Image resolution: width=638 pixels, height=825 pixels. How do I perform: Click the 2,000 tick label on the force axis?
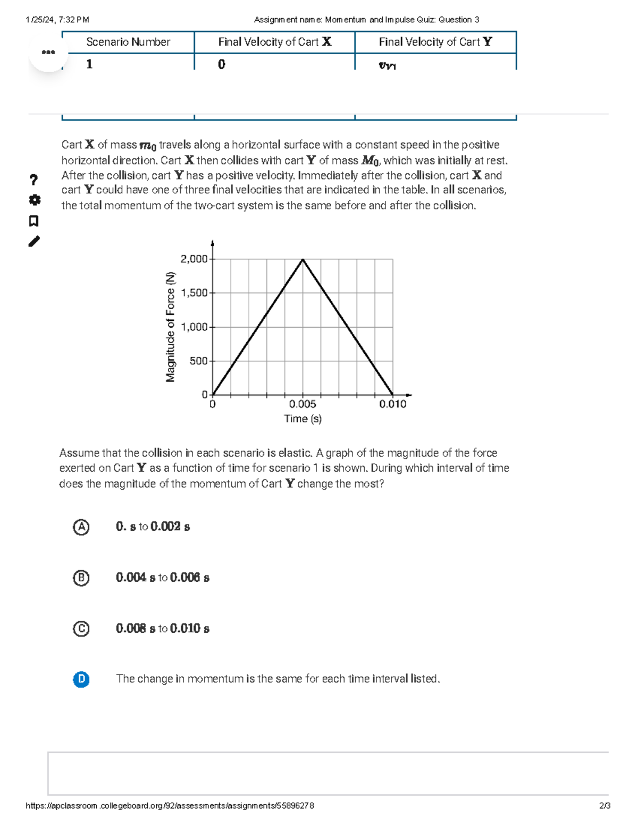194,259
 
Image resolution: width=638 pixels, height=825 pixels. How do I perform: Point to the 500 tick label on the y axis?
198,361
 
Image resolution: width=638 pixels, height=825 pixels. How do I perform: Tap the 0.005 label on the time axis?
303,404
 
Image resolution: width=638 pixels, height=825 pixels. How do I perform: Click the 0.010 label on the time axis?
392,404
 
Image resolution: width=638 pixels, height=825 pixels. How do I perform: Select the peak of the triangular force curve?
303,259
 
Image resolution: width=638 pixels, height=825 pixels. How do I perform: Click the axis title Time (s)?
303,419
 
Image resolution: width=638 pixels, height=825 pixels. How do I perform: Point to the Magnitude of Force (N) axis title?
170,327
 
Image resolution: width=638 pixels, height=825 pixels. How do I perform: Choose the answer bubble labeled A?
81,527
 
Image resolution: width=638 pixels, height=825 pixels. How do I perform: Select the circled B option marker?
81,577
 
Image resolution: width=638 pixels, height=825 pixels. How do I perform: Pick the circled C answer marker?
81,628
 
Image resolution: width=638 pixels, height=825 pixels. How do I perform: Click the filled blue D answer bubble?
81,679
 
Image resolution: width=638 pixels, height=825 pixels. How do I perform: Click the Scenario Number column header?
128,42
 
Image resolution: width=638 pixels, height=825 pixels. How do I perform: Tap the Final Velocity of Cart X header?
274,42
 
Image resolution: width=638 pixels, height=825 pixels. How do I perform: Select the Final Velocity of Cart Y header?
435,42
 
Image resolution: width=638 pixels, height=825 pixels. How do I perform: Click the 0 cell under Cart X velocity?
222,64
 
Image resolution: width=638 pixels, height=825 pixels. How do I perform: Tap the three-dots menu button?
48,52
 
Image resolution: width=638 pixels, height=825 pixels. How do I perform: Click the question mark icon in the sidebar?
34,180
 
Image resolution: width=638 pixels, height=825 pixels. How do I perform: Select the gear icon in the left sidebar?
34,200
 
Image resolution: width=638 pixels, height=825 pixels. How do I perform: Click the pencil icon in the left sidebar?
34,241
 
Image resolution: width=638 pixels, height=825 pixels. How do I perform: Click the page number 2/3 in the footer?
605,805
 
